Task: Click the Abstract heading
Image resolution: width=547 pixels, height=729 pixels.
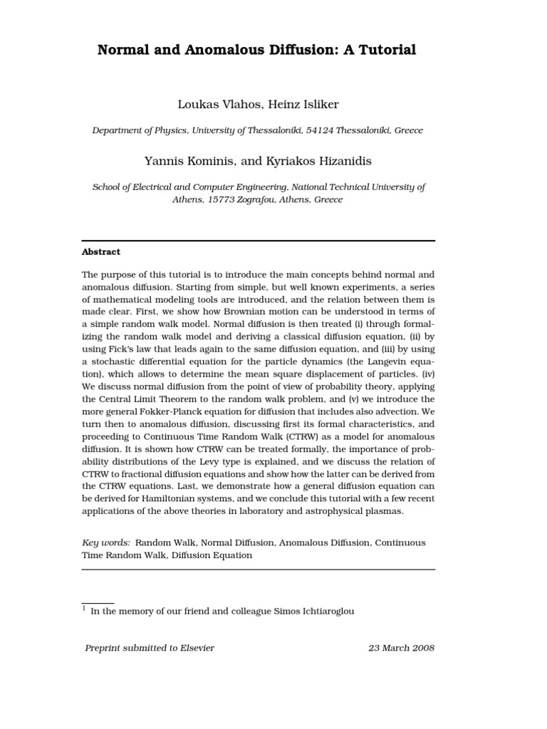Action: pyautogui.click(x=101, y=252)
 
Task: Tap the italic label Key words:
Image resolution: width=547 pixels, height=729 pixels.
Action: pyautogui.click(x=106, y=542)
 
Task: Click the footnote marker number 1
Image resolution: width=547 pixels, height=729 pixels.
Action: pyautogui.click(x=84, y=609)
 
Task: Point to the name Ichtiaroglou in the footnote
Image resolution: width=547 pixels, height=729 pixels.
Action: pyautogui.click(x=324, y=611)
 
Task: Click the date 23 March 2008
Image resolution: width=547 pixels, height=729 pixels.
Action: pyautogui.click(x=401, y=648)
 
